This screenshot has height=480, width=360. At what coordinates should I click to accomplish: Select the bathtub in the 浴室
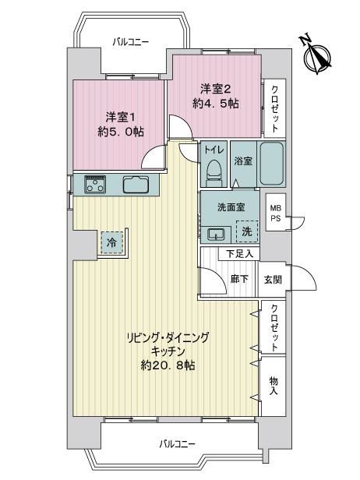[271, 163]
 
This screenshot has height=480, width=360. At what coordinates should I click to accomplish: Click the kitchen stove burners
[95, 184]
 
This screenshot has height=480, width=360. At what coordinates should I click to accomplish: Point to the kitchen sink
[136, 184]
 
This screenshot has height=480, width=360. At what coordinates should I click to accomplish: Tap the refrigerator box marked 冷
[111, 243]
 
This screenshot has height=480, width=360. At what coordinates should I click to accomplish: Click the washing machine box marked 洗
[247, 231]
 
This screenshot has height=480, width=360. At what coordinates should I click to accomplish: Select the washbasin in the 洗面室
[217, 235]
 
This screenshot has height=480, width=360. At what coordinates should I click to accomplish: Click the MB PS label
[275, 214]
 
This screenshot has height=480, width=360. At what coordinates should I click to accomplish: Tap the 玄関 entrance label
[273, 279]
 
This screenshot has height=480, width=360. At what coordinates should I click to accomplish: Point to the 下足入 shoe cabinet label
[239, 253]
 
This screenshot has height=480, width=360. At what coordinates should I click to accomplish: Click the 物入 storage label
[274, 386]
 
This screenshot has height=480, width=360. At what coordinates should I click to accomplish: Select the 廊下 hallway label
[239, 279]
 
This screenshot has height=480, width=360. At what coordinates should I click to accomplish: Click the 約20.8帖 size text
[168, 365]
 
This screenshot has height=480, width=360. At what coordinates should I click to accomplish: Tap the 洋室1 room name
[121, 117]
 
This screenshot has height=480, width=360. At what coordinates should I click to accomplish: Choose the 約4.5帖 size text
[216, 104]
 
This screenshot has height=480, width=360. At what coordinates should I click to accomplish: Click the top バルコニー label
[130, 41]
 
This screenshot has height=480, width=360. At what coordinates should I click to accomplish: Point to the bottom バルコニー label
[177, 444]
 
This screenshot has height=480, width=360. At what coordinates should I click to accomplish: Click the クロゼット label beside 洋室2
[274, 108]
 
